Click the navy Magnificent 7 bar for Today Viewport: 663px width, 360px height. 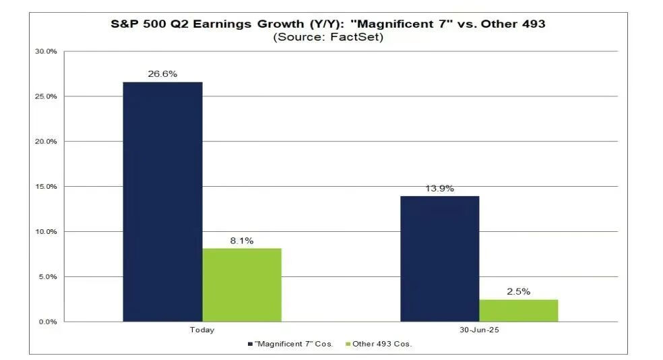coord(162,202)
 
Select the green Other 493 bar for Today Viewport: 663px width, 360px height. coord(241,284)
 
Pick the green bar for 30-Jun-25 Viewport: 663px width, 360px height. coord(518,310)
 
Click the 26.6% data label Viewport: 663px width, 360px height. coord(162,74)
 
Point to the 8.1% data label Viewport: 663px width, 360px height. coord(241,241)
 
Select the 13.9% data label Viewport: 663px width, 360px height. coord(439,188)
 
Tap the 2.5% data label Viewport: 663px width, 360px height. coord(518,292)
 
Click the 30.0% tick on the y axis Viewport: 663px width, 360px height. coord(47,52)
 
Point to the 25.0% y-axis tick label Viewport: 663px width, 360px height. coord(47,96)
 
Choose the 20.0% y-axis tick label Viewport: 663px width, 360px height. coord(47,142)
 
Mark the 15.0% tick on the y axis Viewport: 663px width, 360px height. coord(47,187)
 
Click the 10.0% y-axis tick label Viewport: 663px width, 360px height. coord(47,232)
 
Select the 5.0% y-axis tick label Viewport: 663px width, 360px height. coord(47,277)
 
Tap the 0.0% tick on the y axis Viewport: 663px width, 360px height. coord(47,322)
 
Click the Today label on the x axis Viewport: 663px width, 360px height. coord(202,330)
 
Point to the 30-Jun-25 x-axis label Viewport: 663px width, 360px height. coord(479,330)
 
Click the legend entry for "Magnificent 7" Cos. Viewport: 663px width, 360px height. coord(291,344)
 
